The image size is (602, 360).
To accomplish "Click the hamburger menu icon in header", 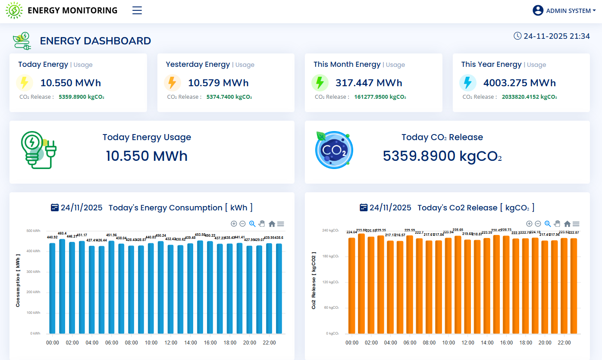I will (137, 11).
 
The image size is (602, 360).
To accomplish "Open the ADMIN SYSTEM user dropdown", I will (564, 11).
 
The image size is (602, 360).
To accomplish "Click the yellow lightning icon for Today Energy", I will (25, 83).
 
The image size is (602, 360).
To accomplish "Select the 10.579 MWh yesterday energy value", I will (218, 83).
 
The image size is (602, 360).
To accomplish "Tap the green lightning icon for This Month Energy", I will (320, 83).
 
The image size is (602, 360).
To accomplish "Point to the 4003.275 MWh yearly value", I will (519, 83).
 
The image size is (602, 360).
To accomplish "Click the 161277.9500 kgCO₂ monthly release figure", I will (380, 97).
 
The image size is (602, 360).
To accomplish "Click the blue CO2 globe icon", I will (334, 150).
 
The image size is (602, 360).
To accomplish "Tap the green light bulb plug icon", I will (38, 150).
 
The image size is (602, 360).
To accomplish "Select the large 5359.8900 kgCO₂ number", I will (442, 156).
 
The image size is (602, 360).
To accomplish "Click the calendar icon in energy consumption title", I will (54, 207).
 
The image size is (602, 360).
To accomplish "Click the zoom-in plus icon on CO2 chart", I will (529, 224).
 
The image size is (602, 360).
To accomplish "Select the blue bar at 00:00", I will (52, 288).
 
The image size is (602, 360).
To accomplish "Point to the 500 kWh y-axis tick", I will (33, 231).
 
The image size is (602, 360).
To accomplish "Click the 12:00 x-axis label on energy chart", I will (171, 343).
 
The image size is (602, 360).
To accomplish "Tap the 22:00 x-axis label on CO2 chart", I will (564, 343).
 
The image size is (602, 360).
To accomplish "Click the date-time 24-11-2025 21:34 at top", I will (552, 36).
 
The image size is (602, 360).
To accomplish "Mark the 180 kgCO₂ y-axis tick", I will (331, 257).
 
